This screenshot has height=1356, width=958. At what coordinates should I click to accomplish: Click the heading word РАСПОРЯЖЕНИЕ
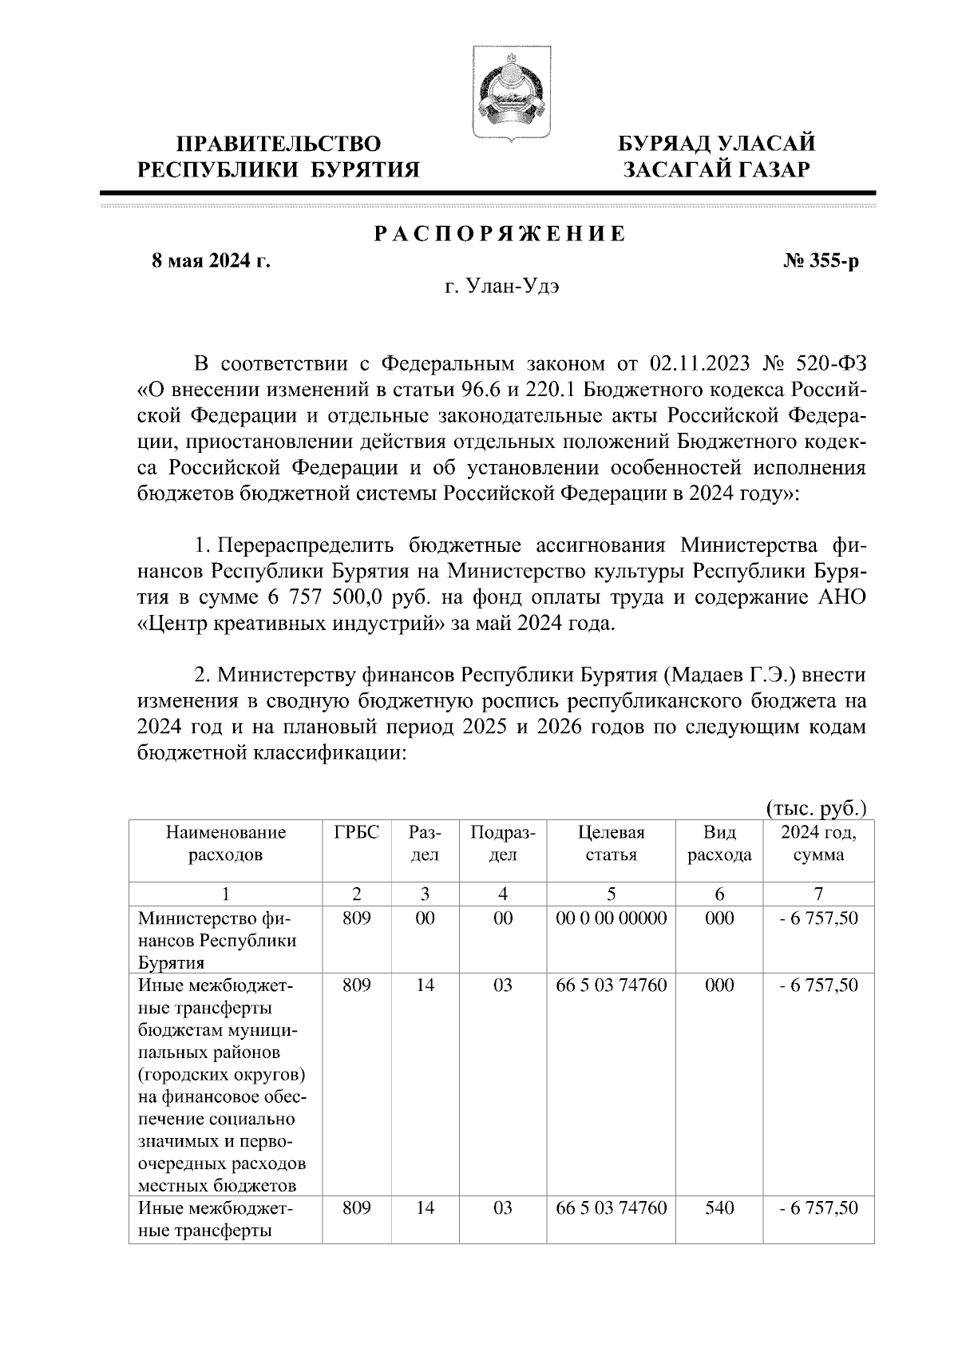pyautogui.click(x=500, y=234)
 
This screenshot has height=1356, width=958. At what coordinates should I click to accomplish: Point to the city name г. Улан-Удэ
pyautogui.click(x=502, y=287)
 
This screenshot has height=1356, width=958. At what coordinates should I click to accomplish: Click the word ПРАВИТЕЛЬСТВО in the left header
pyautogui.click(x=278, y=144)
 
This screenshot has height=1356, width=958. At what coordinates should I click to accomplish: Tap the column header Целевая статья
pyautogui.click(x=611, y=843)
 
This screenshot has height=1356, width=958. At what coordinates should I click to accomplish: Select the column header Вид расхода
pyautogui.click(x=719, y=843)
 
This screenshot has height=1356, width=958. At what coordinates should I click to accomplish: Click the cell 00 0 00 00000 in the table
pyautogui.click(x=611, y=918)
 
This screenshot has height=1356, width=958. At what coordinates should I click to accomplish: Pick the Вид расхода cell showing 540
pyautogui.click(x=719, y=1208)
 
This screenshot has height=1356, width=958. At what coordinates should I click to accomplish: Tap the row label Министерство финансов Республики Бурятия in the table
pyautogui.click(x=217, y=940)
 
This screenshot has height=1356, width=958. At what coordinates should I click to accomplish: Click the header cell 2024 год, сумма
pyautogui.click(x=818, y=843)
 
